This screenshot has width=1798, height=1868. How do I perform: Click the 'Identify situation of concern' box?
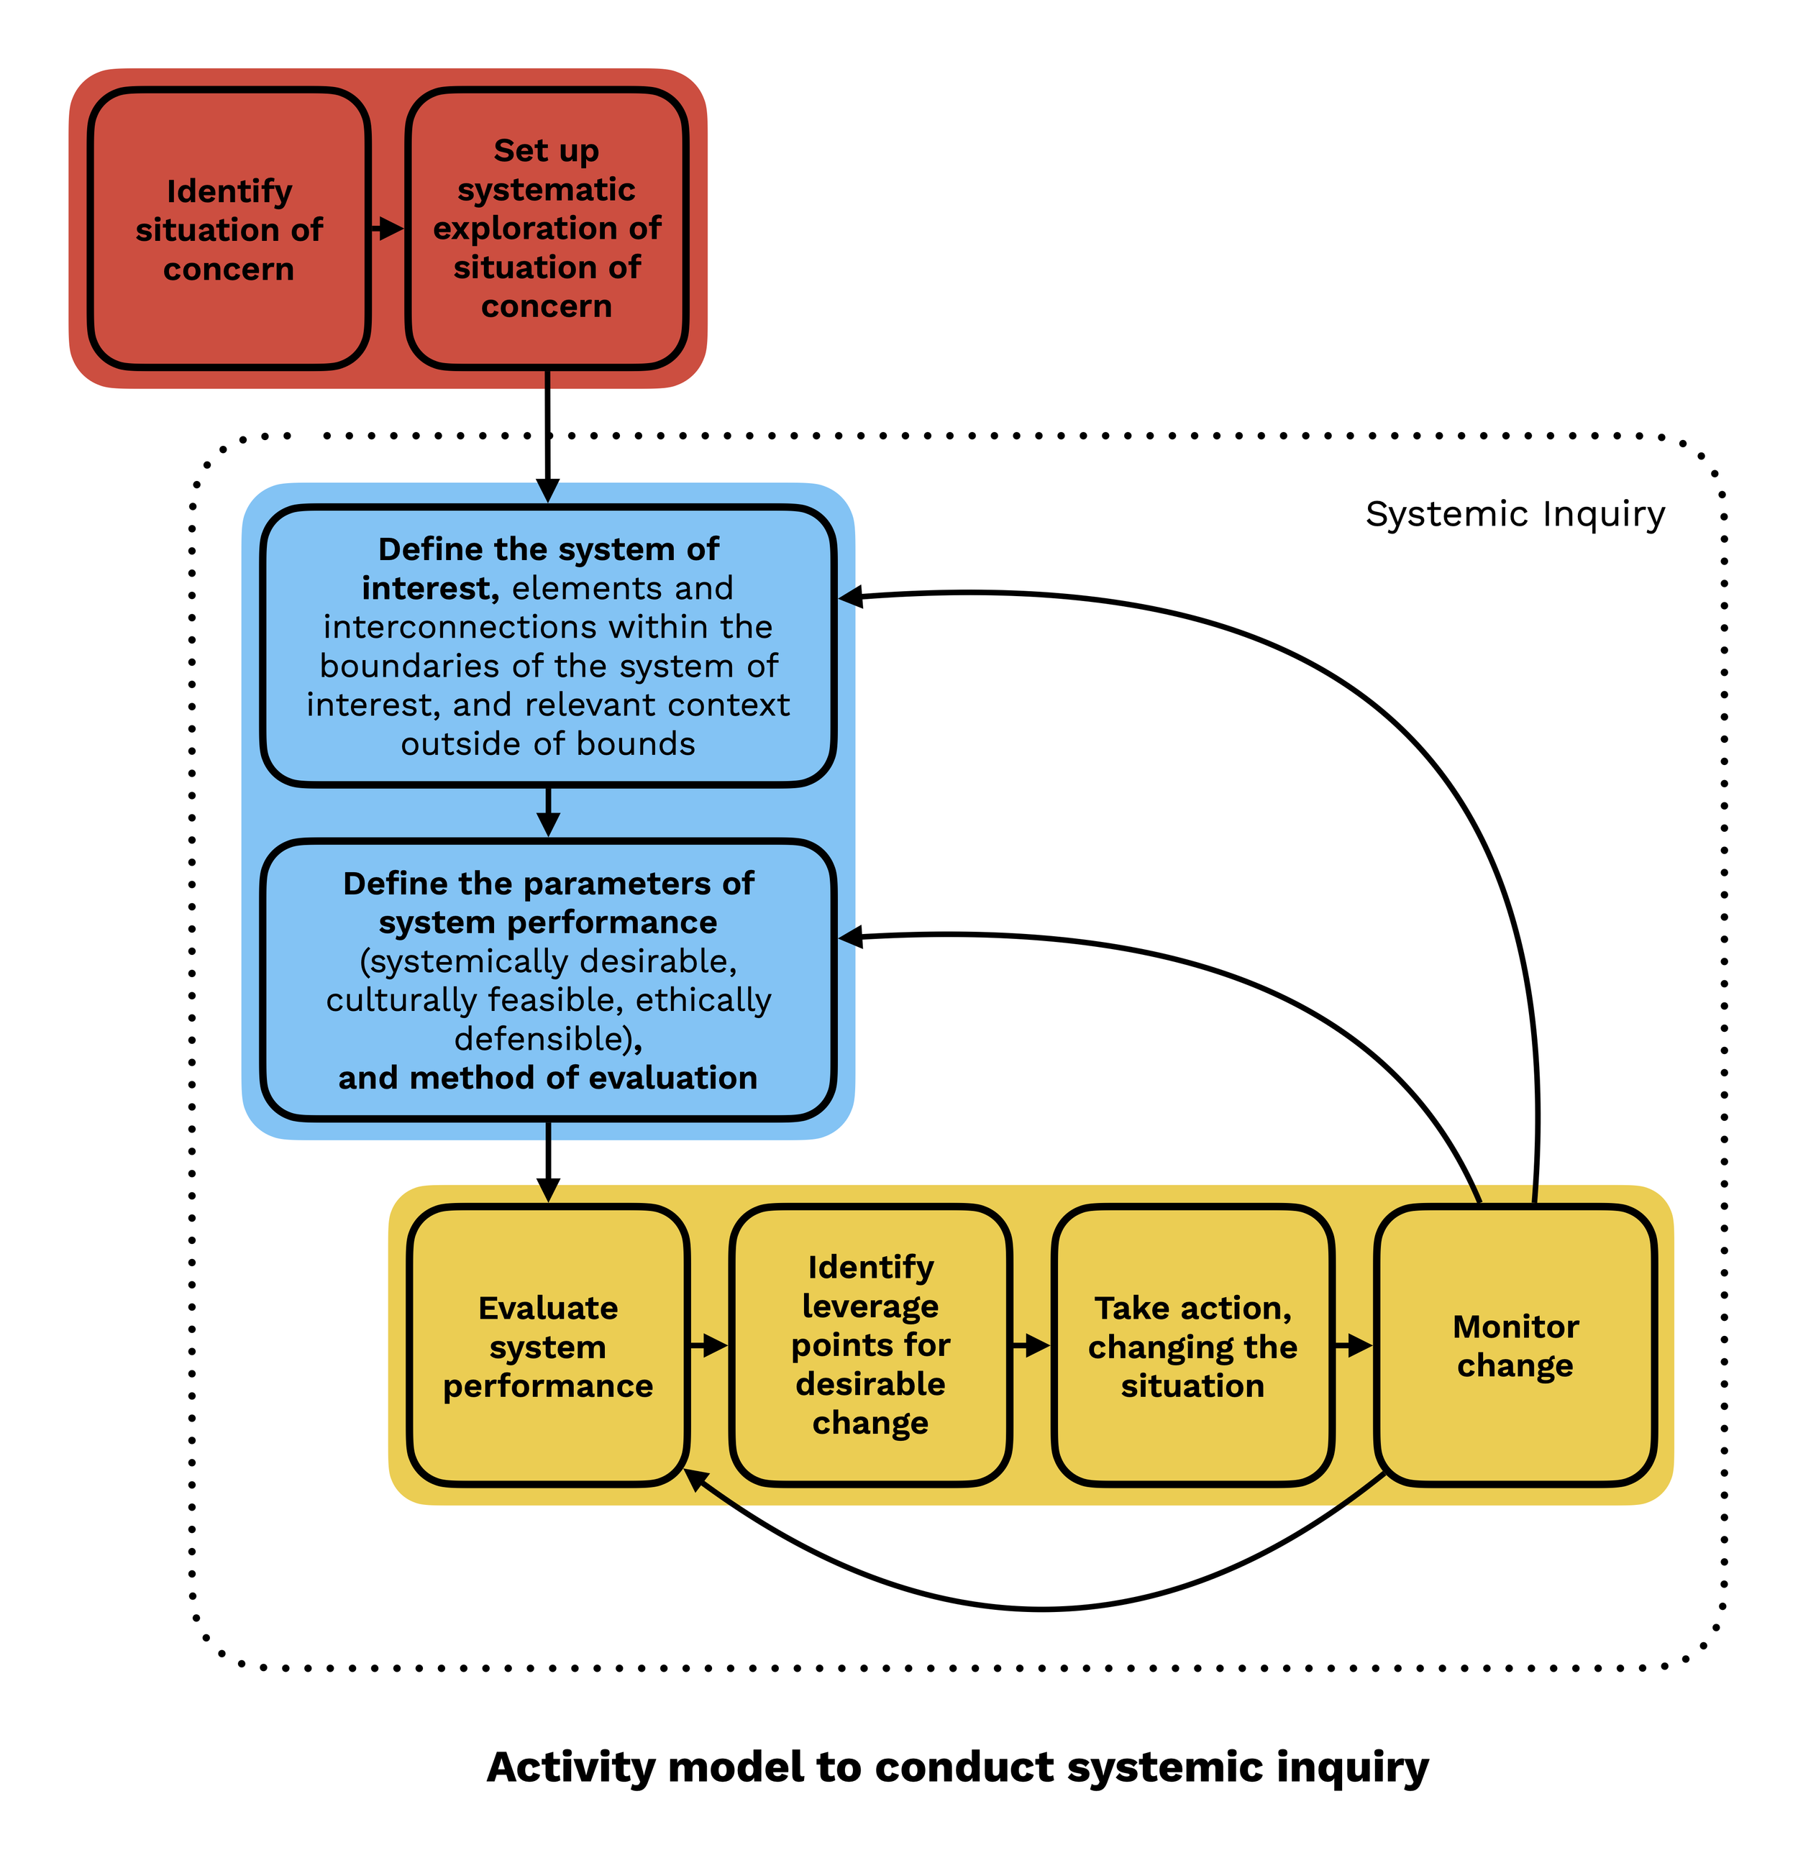tap(229, 229)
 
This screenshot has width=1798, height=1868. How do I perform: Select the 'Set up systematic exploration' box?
tap(547, 229)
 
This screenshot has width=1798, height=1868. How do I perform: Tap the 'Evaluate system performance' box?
tap(547, 1346)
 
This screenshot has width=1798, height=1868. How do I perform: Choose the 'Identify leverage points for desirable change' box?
tap(870, 1346)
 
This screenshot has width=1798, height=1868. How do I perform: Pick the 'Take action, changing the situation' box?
tap(1192, 1346)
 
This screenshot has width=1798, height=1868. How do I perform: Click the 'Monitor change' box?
tap(1515, 1346)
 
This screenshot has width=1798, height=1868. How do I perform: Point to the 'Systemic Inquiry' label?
tap(1514, 515)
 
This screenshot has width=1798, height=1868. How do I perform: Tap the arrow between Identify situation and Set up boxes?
tap(387, 229)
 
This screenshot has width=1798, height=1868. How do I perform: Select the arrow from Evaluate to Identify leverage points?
tap(709, 1346)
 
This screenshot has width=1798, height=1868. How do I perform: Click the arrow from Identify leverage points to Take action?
tap(1031, 1346)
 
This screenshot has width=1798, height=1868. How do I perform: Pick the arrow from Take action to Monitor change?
tap(1354, 1346)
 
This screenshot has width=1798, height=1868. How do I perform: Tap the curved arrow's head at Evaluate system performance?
tap(697, 1478)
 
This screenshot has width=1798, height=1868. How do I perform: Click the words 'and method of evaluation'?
tap(547, 1078)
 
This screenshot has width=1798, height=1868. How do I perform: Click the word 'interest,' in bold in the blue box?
tap(430, 589)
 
